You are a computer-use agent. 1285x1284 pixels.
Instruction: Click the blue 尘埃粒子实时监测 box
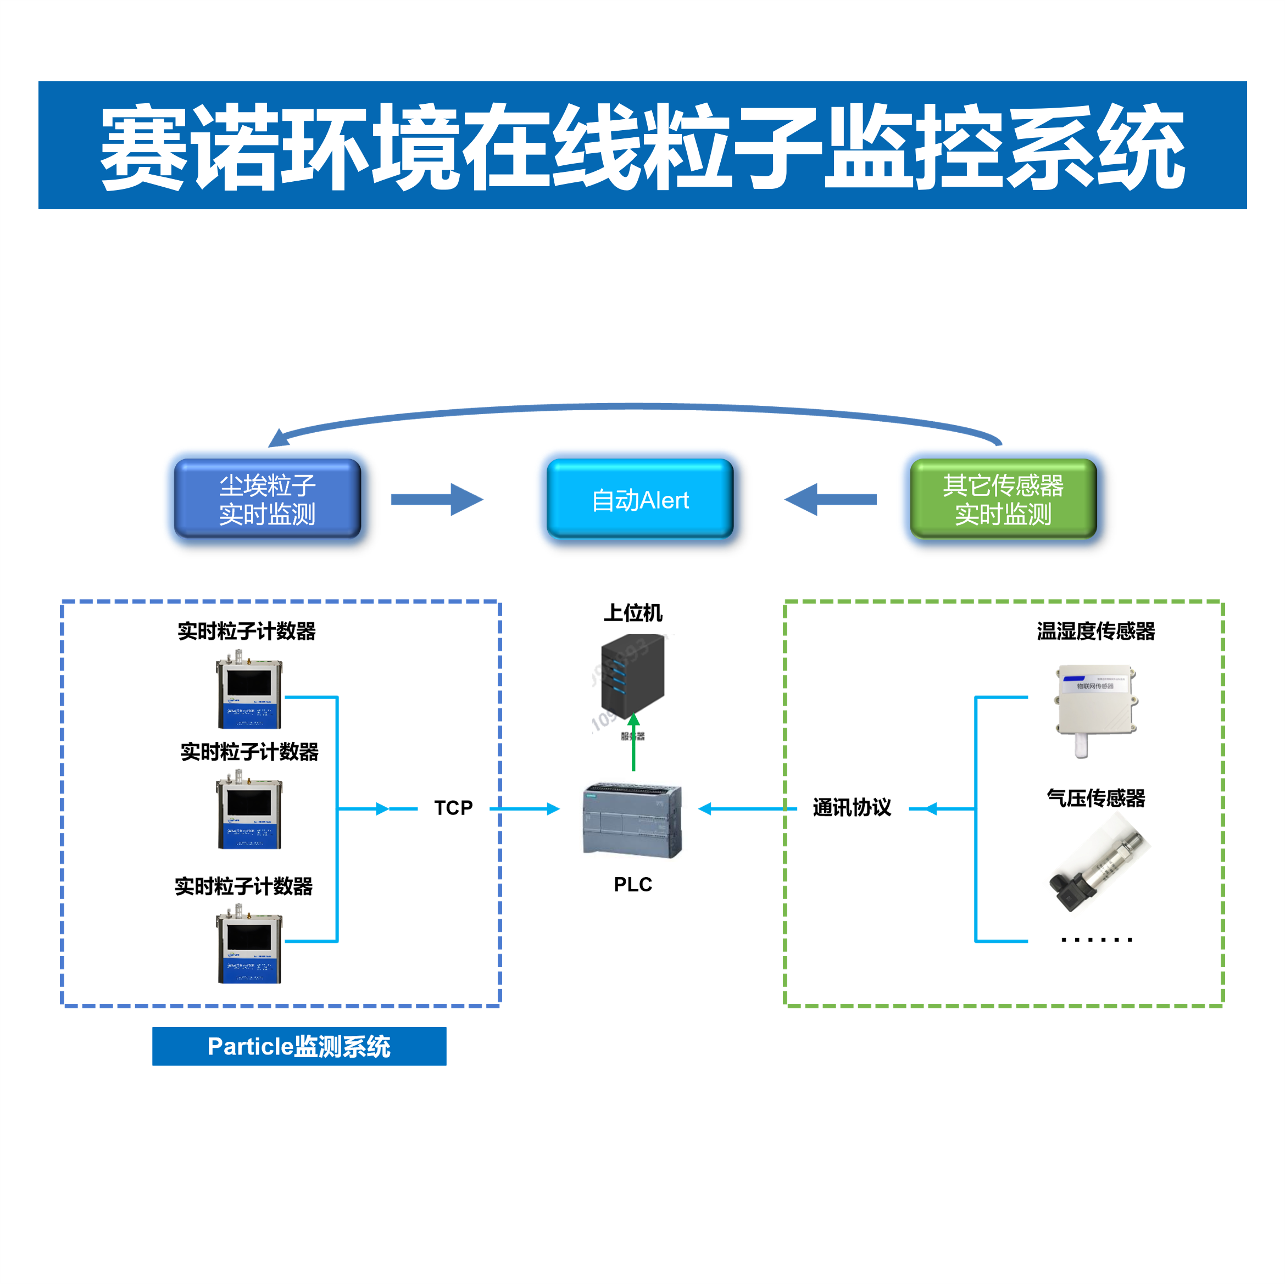[268, 499]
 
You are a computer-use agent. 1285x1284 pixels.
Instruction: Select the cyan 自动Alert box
[640, 499]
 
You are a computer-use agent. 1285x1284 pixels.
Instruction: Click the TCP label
[453, 808]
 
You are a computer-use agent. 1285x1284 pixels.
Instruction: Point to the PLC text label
[632, 884]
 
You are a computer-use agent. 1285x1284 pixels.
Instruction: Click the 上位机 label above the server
[632, 612]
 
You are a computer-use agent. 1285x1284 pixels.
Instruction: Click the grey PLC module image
[632, 821]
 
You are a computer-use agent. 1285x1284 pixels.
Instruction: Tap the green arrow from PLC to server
[633, 744]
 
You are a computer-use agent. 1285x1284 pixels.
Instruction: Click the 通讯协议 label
[852, 808]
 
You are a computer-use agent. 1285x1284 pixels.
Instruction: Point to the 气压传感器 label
[1095, 797]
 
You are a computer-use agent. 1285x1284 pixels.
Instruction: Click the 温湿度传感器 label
[1095, 631]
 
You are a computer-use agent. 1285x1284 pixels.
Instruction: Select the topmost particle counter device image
[249, 691]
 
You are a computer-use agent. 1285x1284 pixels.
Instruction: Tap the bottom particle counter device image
[249, 946]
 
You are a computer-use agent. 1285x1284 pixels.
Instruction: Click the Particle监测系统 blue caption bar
[299, 1046]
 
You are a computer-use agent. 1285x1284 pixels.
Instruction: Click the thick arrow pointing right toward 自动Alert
[437, 499]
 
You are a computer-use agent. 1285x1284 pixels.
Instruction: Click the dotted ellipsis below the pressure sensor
[1096, 940]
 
